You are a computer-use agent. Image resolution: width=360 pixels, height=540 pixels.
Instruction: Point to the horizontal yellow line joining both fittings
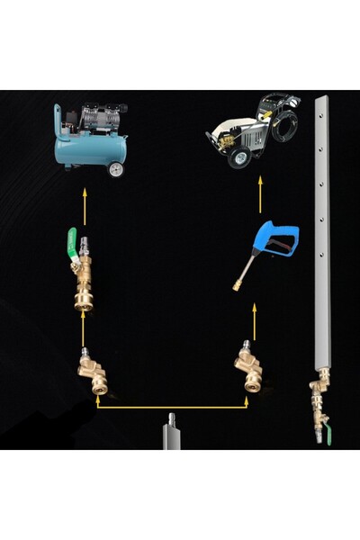(x=171, y=408)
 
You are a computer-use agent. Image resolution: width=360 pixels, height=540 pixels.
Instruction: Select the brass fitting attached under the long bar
(x=316, y=400)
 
